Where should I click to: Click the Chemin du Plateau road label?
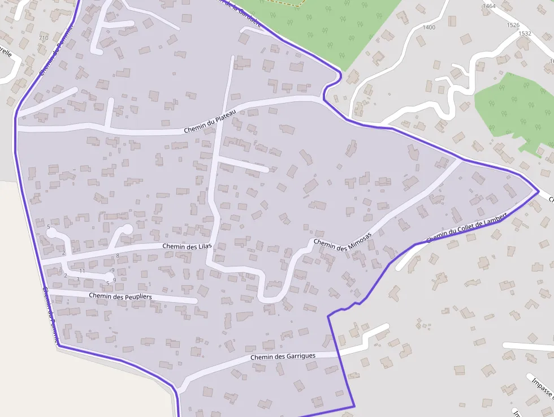tap(209, 123)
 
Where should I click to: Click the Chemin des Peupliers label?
tap(120, 296)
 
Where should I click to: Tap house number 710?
tap(44, 38)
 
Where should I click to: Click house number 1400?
tap(429, 27)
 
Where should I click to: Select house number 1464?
tap(489, 6)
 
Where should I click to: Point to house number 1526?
tap(513, 25)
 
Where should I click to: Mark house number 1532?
tap(525, 33)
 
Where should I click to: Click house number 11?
tap(82, 271)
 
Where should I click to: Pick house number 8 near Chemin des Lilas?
tap(118, 256)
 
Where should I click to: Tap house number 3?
tap(78, 279)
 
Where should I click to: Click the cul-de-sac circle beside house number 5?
tap(51, 232)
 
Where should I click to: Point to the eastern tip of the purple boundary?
tap(538, 192)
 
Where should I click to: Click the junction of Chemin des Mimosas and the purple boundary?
tap(461, 160)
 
